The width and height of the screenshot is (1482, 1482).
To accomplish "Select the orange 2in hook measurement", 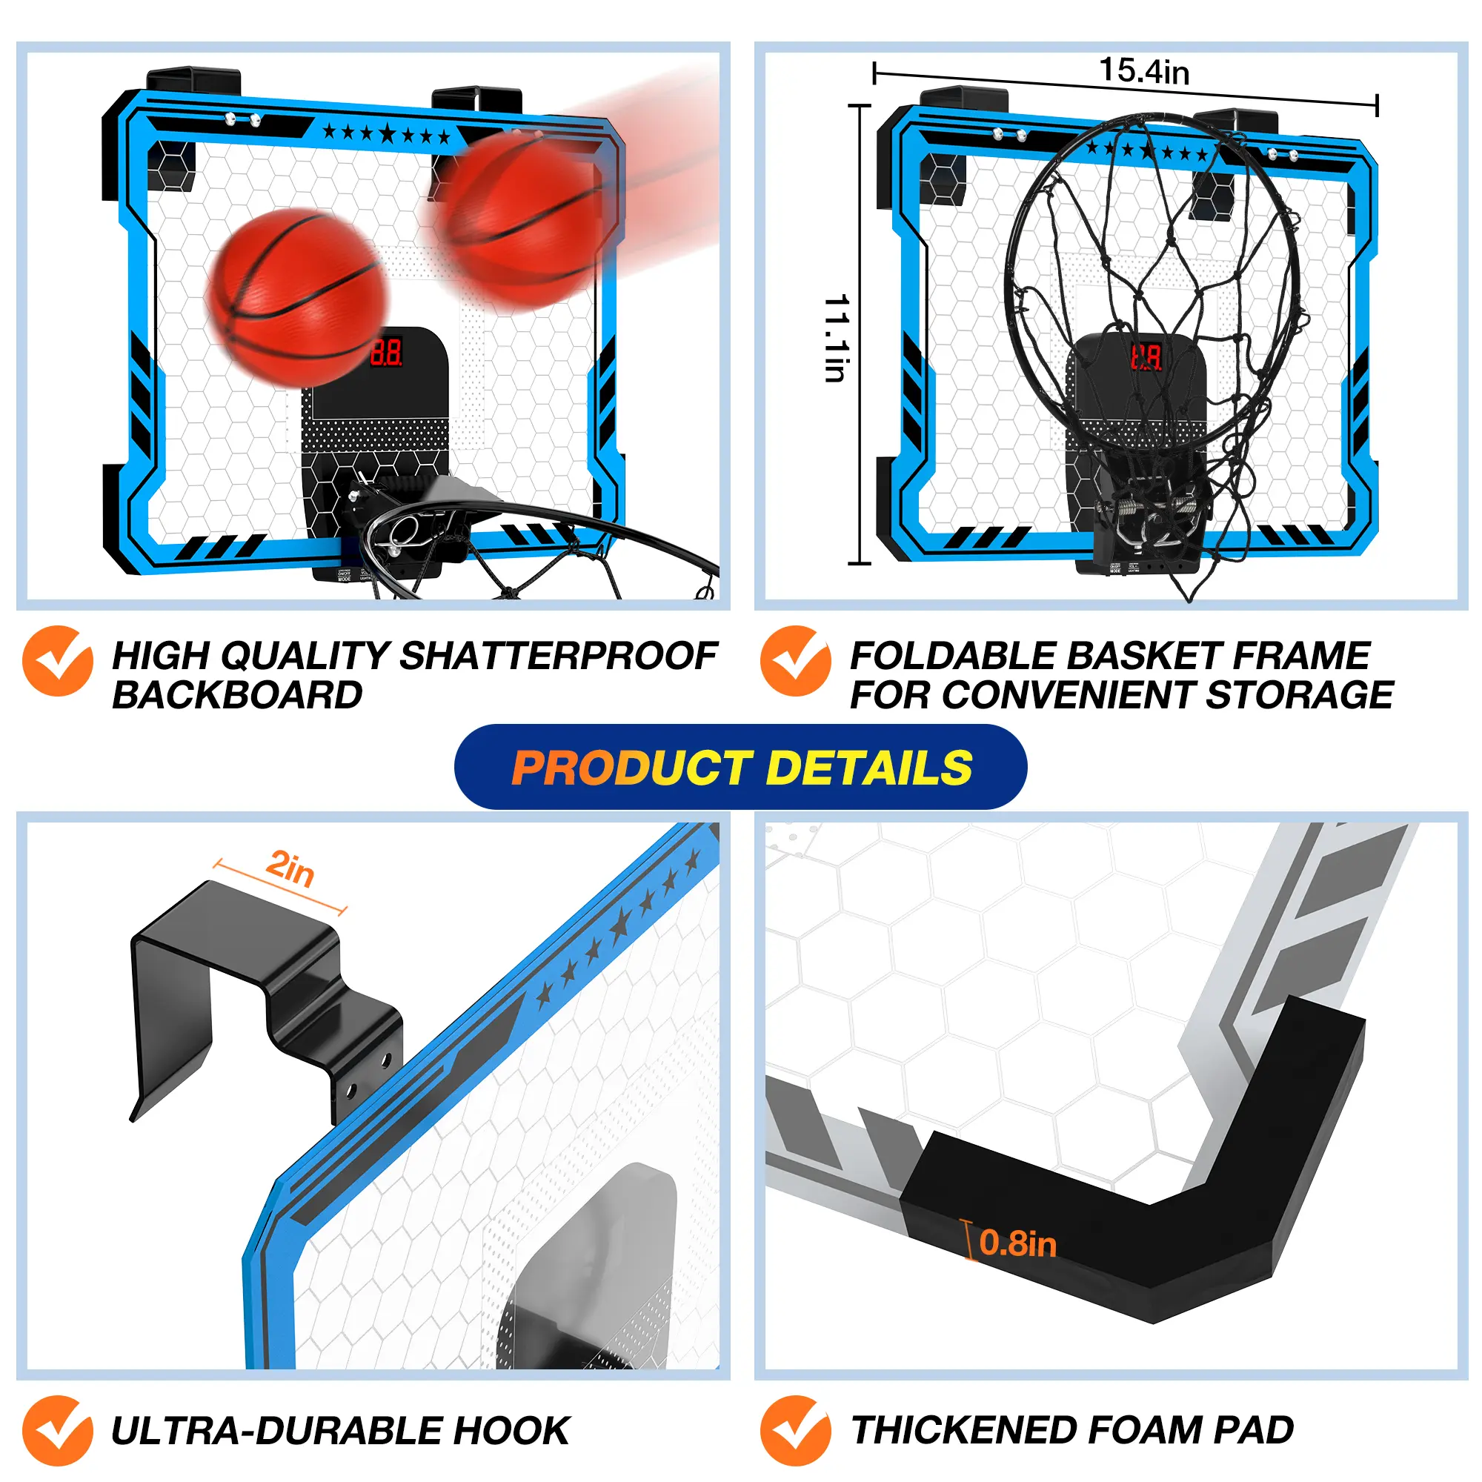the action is tap(290, 868).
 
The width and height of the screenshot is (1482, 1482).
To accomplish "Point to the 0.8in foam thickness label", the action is tap(1017, 1243).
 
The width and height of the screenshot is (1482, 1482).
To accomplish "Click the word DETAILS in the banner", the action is tap(869, 768).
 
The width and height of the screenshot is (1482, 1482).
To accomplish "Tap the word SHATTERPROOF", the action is tap(558, 656).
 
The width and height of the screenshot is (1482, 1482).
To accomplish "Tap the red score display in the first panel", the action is tap(387, 352).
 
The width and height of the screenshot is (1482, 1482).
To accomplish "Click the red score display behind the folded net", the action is tap(1146, 356).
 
